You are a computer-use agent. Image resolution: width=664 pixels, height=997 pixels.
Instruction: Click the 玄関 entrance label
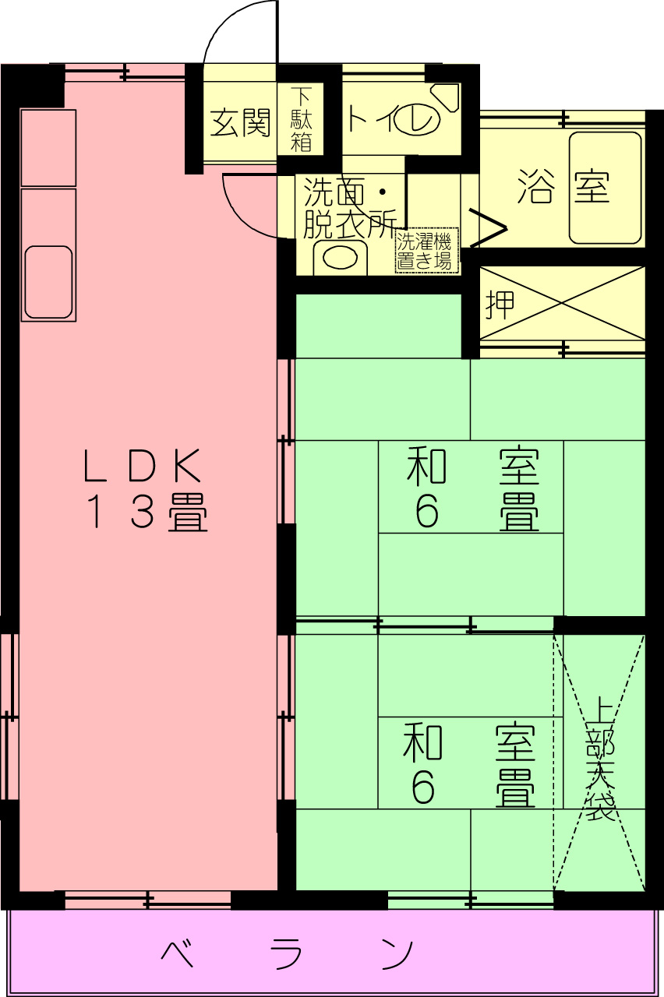240,122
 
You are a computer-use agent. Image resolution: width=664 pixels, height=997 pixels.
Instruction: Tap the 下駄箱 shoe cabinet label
302,120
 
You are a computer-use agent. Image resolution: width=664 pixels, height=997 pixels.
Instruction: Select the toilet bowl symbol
417,119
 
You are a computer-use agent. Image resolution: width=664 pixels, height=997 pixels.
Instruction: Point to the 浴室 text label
563,187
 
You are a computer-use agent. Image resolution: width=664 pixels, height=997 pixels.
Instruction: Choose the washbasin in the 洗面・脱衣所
339,257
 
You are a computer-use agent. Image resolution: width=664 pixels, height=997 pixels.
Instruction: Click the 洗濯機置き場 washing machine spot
425,250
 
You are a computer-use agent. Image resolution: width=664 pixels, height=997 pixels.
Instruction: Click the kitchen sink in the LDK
48,281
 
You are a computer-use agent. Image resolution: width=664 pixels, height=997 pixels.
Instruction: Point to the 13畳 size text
146,513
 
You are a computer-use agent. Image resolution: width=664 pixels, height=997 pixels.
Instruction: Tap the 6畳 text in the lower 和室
472,787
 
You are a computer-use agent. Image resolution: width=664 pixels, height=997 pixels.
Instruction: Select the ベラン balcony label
288,953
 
